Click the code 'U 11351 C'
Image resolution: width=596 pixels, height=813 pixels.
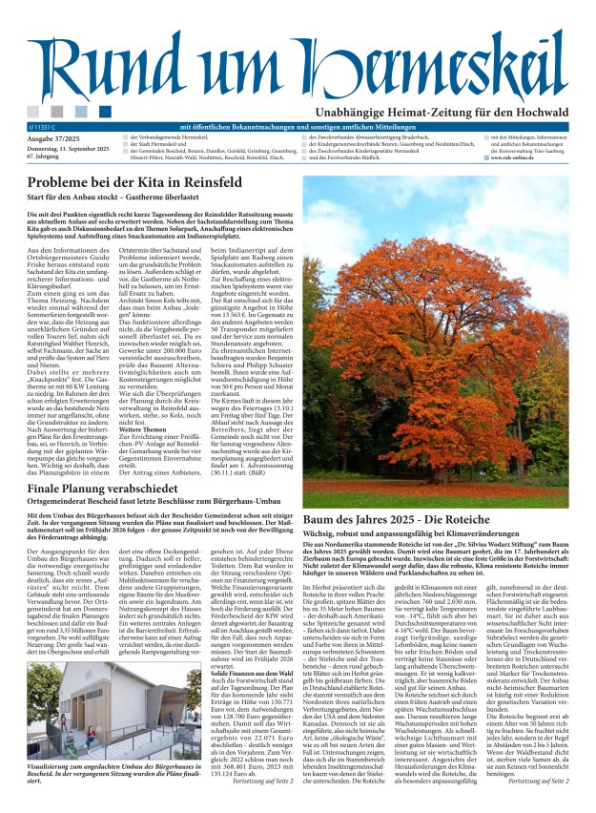[44, 127]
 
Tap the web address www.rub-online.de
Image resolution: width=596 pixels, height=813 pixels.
[514, 157]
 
